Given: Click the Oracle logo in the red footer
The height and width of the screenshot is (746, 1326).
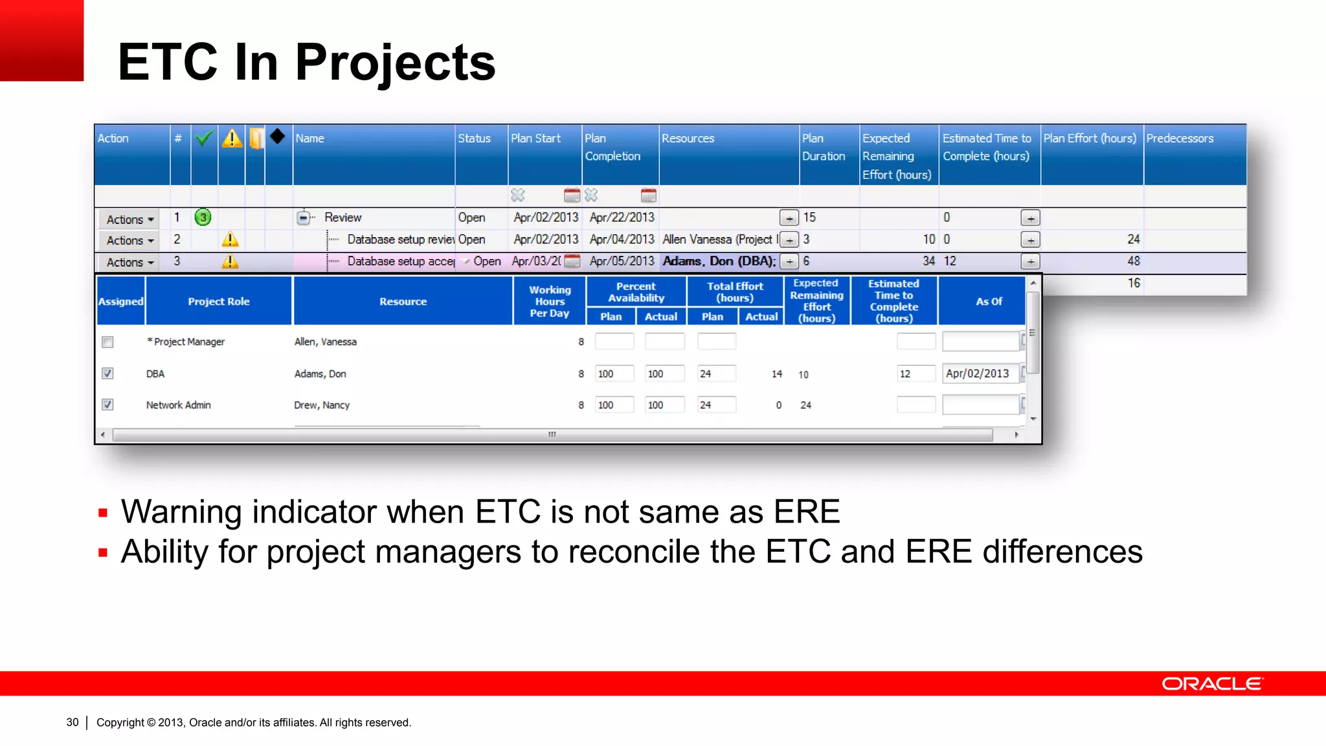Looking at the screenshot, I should [1211, 684].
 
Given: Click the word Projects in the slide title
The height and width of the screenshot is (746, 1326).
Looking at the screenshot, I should [395, 63].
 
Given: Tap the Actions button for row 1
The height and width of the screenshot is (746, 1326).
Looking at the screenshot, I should [129, 220].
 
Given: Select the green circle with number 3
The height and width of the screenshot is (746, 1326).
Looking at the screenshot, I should [203, 218].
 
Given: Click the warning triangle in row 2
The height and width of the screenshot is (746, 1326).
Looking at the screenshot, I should [230, 240].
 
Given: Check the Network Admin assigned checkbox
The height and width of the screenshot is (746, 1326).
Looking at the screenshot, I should [107, 405].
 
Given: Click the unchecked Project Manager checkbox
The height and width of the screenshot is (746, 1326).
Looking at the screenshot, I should [107, 342].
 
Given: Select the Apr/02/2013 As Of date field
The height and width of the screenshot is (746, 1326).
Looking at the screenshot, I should [979, 374].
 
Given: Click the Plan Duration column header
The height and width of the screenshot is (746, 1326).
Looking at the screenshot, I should [824, 148].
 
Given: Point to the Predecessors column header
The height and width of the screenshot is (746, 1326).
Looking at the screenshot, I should [1179, 139].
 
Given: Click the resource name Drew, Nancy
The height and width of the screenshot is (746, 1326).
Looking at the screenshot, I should [322, 405].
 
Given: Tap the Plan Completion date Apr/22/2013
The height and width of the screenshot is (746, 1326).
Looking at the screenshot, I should [622, 218].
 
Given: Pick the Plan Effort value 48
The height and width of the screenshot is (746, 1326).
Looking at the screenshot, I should [1133, 261].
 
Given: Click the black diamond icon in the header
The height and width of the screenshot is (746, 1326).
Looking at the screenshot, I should [278, 137].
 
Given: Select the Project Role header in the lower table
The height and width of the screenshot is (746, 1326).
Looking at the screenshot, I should [218, 302].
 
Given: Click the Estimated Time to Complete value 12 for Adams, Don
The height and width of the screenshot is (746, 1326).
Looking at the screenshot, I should [914, 374].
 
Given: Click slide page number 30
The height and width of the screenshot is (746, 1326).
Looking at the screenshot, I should [73, 722].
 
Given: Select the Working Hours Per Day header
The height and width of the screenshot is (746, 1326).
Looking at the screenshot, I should [550, 302].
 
